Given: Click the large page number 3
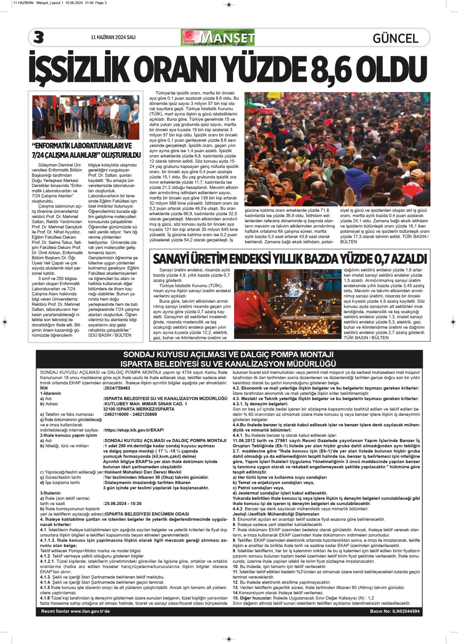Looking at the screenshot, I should (x=39, y=37).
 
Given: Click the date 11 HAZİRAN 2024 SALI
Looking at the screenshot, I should (x=113, y=37).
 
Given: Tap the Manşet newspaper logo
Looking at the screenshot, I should (x=218, y=37).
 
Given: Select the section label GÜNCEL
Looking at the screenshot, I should (x=395, y=38).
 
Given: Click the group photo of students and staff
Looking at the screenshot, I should (x=86, y=117).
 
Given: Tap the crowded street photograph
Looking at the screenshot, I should (x=337, y=149).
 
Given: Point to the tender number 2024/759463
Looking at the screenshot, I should (x=117, y=388).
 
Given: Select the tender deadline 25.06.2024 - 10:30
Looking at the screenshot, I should (x=123, y=504).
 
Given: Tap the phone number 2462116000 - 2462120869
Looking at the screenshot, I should (x=131, y=414).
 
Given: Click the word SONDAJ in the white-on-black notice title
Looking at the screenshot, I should (x=138, y=355).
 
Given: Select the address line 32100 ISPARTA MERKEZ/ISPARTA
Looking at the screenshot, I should (x=139, y=409).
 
